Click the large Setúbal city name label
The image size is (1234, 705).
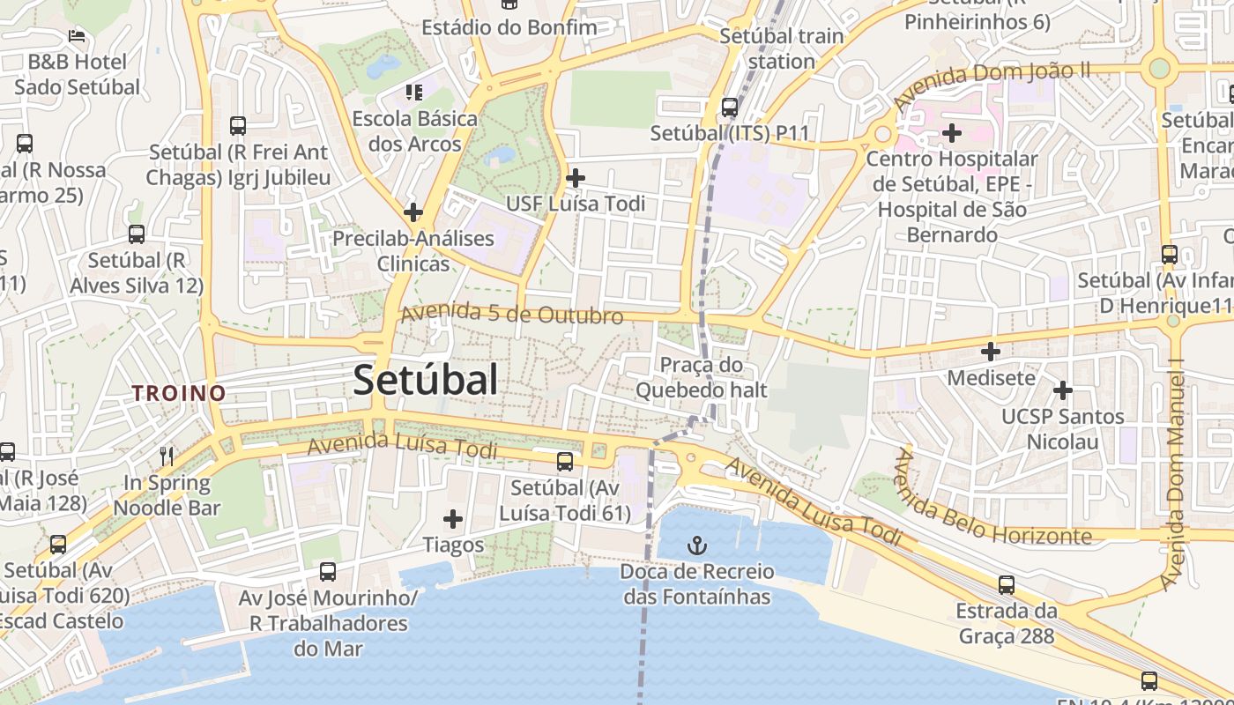(426, 380)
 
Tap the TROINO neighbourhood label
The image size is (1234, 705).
(180, 393)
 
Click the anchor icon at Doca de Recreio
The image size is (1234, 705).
(697, 545)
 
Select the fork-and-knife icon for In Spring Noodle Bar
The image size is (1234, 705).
(167, 456)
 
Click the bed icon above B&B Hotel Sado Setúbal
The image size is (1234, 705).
(77, 36)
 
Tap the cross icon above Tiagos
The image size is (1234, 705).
(453, 519)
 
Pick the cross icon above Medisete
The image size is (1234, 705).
(991, 352)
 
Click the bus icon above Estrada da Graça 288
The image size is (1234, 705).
(1007, 585)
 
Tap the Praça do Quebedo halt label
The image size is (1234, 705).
(702, 377)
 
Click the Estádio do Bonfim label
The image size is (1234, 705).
(509, 27)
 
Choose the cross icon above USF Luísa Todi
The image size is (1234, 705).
(576, 178)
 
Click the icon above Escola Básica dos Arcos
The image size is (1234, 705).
(414, 92)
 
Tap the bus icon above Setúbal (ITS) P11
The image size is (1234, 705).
(730, 108)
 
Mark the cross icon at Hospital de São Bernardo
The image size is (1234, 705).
(952, 133)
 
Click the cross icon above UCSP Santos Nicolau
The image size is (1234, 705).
(1063, 390)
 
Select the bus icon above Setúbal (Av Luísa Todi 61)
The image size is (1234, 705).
(565, 461)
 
